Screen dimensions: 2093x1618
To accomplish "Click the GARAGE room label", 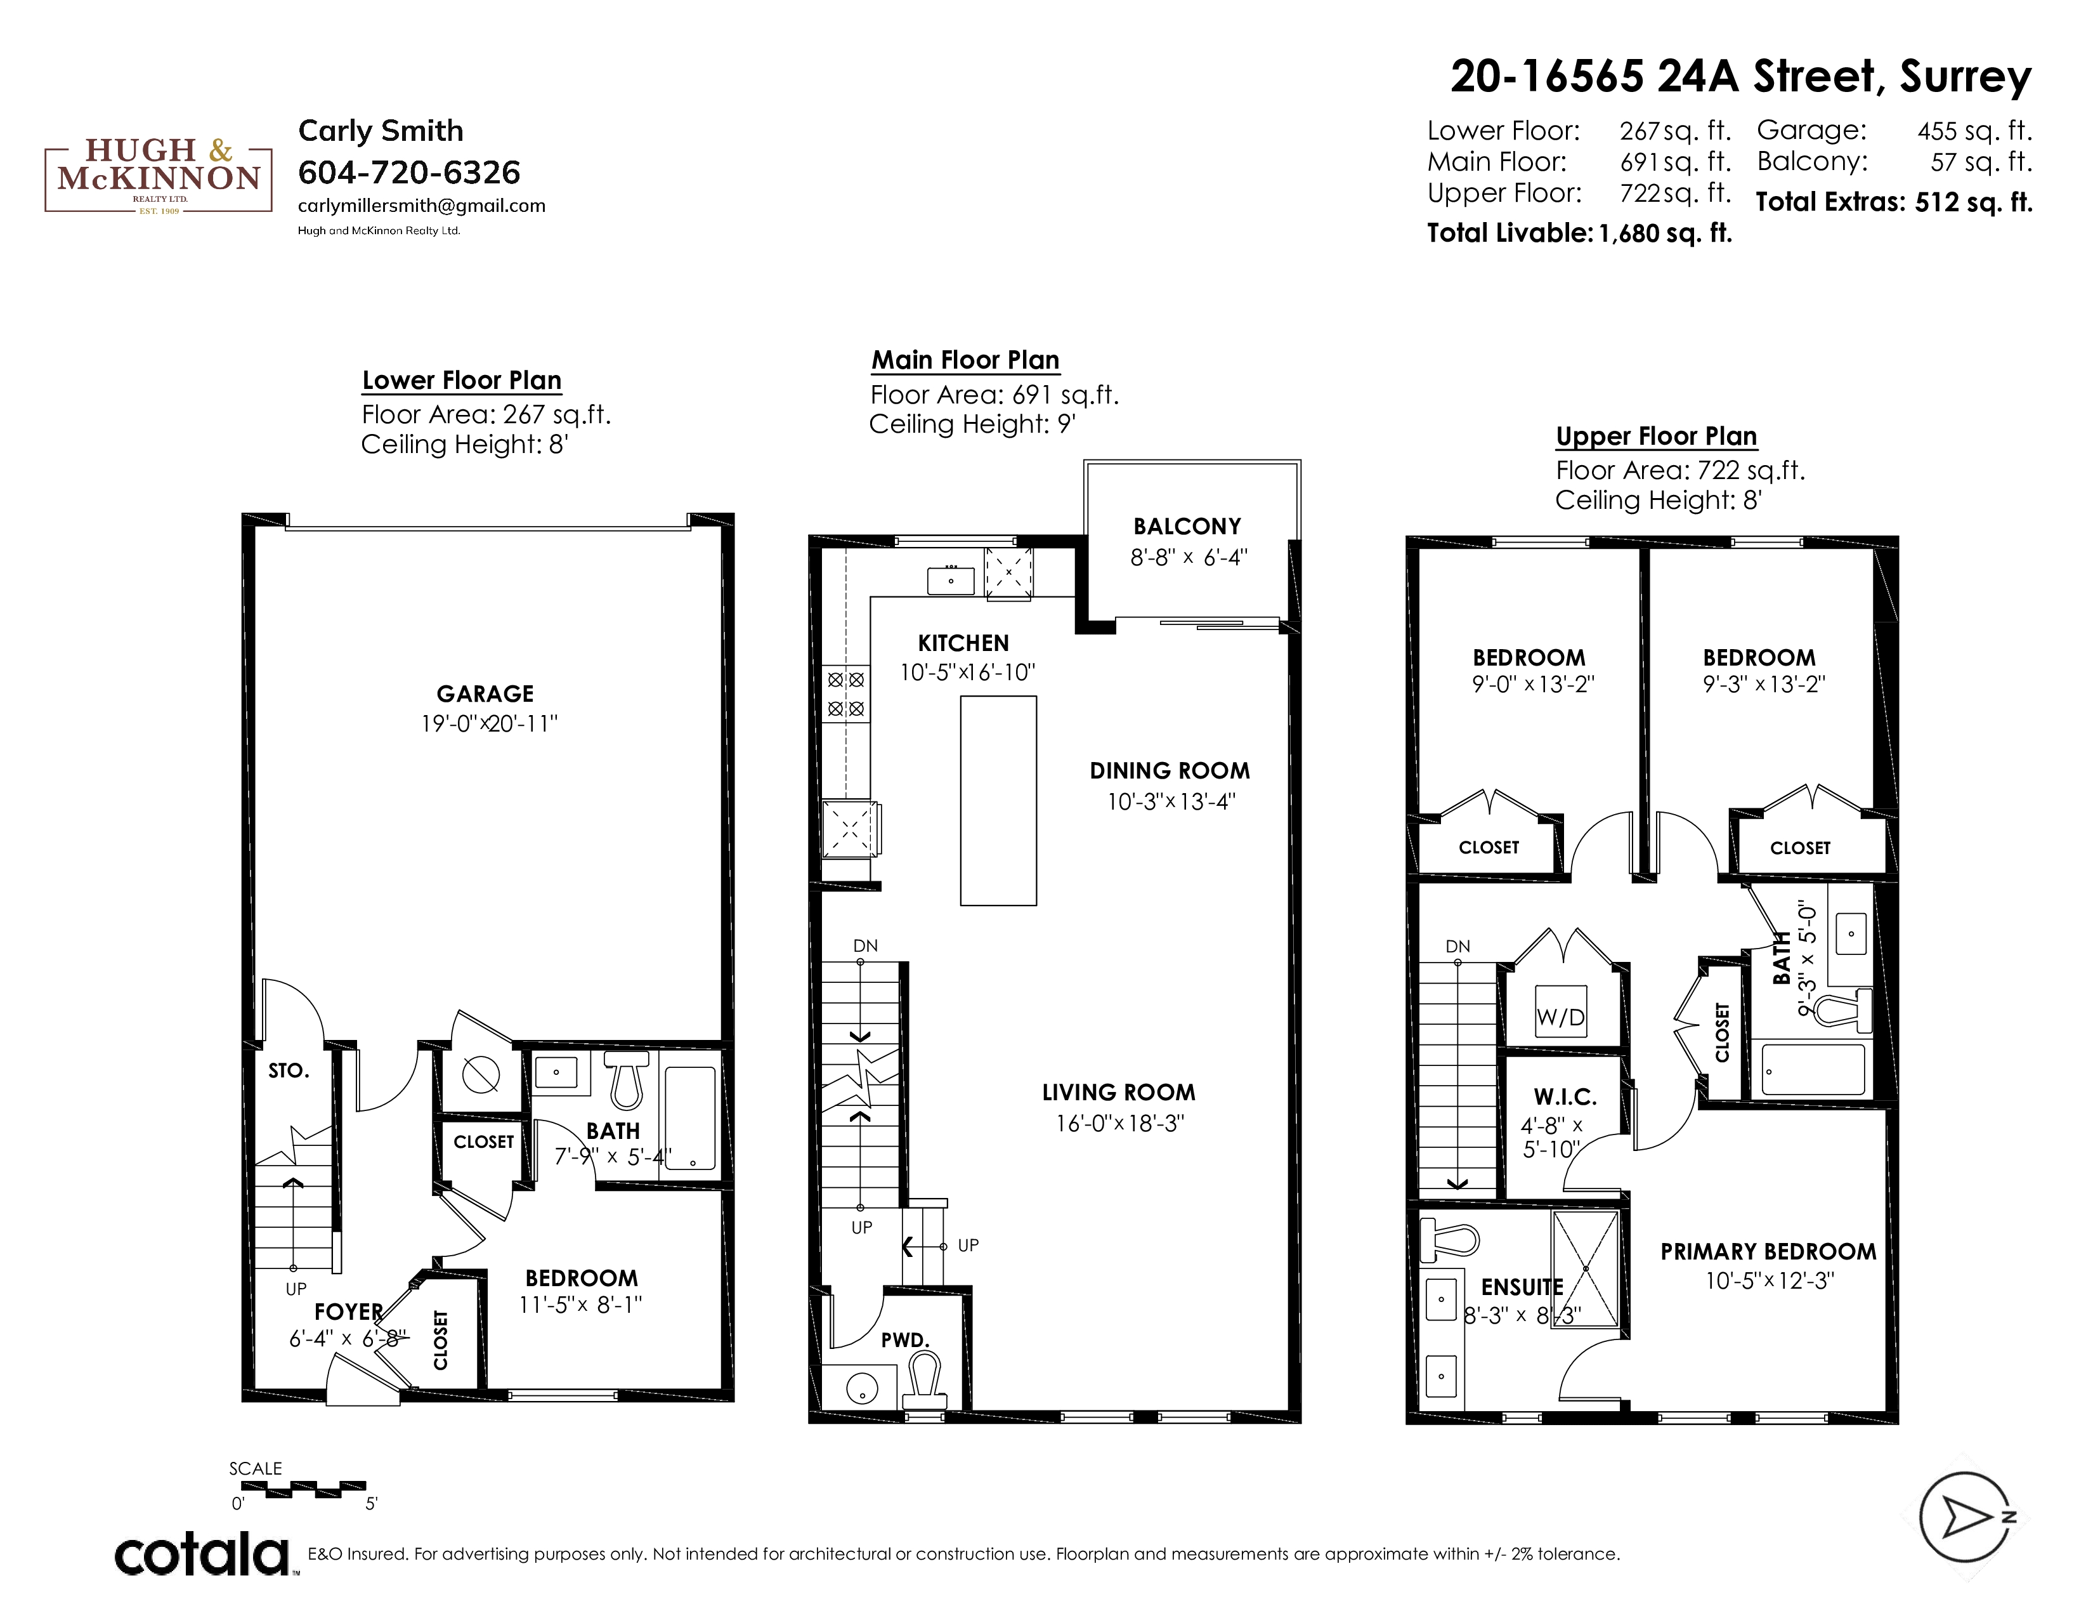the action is [485, 694].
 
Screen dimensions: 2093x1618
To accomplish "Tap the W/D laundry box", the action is [1560, 1017].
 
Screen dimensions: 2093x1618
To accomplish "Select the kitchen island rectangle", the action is [998, 800].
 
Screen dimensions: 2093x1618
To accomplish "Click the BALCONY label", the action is [1187, 526].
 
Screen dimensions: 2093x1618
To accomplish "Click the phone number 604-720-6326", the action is [409, 173].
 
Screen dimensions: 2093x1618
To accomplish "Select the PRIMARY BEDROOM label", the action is [1768, 1252].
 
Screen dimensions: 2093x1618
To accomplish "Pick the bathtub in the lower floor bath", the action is [690, 1117].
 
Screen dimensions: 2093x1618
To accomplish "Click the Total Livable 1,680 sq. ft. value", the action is [1666, 233].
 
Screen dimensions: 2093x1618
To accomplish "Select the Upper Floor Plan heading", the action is [1656, 436].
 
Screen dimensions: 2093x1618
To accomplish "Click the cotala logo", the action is [202, 1554].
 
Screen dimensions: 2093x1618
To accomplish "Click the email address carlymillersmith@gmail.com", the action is [422, 205].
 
